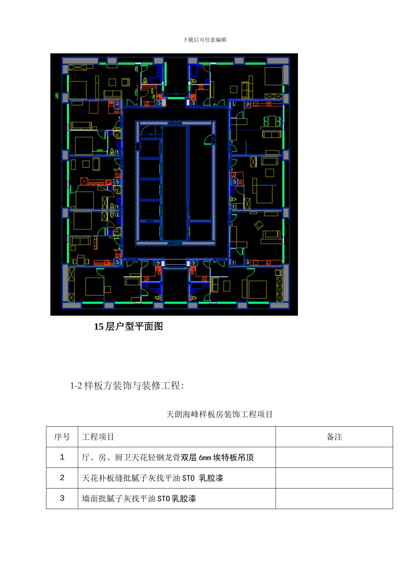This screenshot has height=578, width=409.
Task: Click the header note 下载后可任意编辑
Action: tap(204, 40)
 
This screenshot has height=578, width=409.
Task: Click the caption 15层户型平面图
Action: tap(128, 327)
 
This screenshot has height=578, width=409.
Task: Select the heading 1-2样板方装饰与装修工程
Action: tap(127, 386)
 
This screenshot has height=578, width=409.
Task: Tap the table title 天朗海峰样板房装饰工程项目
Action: tap(220, 415)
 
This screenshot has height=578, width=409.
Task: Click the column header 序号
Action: tap(62, 437)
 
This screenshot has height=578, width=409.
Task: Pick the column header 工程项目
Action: tap(98, 437)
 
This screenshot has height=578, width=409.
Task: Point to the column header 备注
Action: tap(334, 437)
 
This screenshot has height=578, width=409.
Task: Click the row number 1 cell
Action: tap(62, 458)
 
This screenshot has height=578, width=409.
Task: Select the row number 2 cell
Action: tap(62, 478)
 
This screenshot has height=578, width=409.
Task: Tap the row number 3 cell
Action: tap(62, 498)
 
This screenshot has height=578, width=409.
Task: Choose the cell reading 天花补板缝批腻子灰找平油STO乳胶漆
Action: tap(152, 478)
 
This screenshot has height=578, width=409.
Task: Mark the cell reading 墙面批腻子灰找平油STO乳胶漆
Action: tap(139, 499)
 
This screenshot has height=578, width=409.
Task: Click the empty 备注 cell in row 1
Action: tap(334, 458)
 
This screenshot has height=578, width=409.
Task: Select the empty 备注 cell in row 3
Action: tap(334, 498)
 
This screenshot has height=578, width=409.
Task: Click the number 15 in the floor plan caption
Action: tap(99, 327)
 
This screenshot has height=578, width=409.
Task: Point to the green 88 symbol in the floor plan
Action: tap(273, 121)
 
